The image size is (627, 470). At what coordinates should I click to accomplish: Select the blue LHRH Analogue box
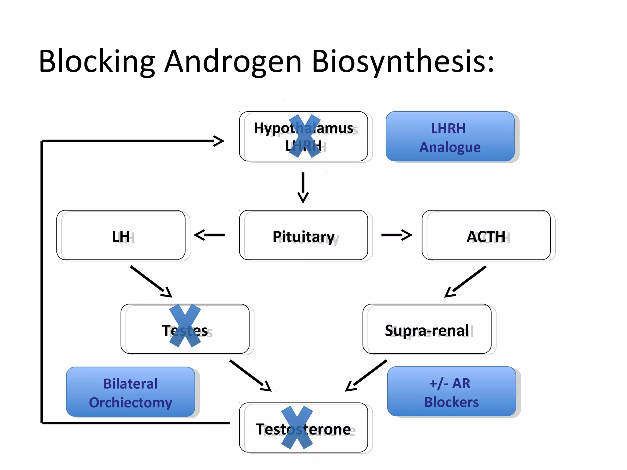pos(450,137)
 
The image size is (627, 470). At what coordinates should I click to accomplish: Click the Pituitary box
pos(303,235)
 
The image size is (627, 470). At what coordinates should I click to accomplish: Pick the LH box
pos(121,235)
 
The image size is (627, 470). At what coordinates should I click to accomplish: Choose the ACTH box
pos(486,235)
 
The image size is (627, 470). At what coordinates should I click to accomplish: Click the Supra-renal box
pos(427,329)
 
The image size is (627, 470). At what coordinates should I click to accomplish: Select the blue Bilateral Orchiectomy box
pos(130,392)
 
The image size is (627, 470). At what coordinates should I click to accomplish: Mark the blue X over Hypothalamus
pos(305,136)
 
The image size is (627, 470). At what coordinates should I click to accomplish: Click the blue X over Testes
pos(185,326)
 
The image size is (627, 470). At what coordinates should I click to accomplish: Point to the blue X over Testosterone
pos(297,427)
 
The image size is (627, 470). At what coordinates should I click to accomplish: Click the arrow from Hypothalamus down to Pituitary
pos(303,187)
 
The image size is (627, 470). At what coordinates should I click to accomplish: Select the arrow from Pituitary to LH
pos(209,235)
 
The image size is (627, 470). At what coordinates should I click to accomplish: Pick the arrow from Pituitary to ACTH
pos(396,235)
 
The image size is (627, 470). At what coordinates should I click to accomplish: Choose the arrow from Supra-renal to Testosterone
pos(366,375)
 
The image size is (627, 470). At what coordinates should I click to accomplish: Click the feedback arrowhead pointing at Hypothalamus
pos(219,141)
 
